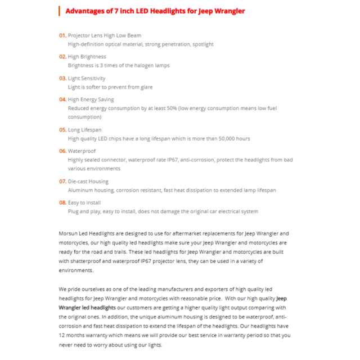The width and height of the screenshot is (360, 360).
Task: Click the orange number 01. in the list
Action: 62,35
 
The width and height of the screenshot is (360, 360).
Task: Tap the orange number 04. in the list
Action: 62,100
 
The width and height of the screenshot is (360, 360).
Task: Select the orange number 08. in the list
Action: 62,202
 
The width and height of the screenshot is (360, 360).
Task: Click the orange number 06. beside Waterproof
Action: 62,151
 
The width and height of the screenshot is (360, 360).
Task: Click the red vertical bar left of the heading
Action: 59,11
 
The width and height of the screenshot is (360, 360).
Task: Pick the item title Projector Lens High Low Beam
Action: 105,35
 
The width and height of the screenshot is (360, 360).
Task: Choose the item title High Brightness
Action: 87,57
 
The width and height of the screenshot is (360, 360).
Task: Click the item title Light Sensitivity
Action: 87,78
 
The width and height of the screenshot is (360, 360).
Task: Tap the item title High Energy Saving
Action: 91,100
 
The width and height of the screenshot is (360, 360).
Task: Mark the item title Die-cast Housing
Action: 88,181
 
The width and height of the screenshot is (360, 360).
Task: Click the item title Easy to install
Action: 84,202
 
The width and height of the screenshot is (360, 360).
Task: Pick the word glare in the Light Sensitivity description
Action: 146,87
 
